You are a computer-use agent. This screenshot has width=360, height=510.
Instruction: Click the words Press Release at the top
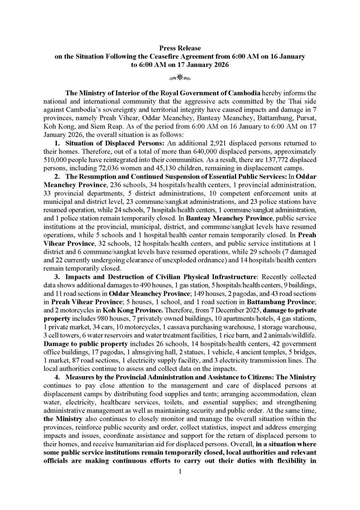pyautogui.click(x=180, y=48)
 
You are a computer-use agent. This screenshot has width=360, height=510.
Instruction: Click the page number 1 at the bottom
pyautogui.click(x=180, y=472)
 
